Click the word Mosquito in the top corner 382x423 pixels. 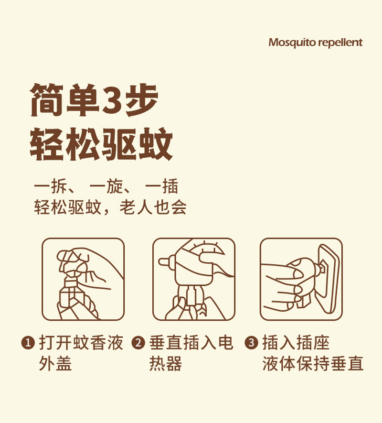click(288, 43)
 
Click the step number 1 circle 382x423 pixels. click(28, 343)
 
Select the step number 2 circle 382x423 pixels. click(139, 343)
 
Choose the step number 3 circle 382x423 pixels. click(251, 343)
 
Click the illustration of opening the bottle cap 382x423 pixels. click(83, 280)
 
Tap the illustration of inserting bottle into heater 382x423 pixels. click(194, 280)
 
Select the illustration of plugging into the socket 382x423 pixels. click(301, 280)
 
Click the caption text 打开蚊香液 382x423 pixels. click(81, 343)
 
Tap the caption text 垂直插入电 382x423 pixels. click(191, 343)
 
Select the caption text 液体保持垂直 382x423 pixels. click(313, 364)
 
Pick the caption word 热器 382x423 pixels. click(166, 364)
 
